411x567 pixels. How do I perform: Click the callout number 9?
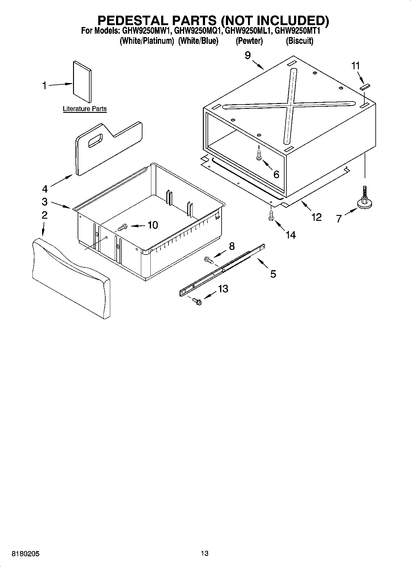tap(248, 55)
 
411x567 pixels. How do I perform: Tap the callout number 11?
tap(355, 66)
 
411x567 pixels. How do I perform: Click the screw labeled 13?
tap(197, 301)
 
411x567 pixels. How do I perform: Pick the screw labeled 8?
tap(208, 260)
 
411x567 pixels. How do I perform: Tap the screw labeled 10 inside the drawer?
tap(122, 228)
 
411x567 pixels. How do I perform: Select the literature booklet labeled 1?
tap(82, 82)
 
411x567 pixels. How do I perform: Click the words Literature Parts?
tap(85, 109)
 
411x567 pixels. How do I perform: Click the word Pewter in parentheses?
tap(249, 41)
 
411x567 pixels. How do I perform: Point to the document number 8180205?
tap(25, 554)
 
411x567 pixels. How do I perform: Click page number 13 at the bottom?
tap(204, 553)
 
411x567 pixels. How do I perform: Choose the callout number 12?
tap(316, 217)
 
